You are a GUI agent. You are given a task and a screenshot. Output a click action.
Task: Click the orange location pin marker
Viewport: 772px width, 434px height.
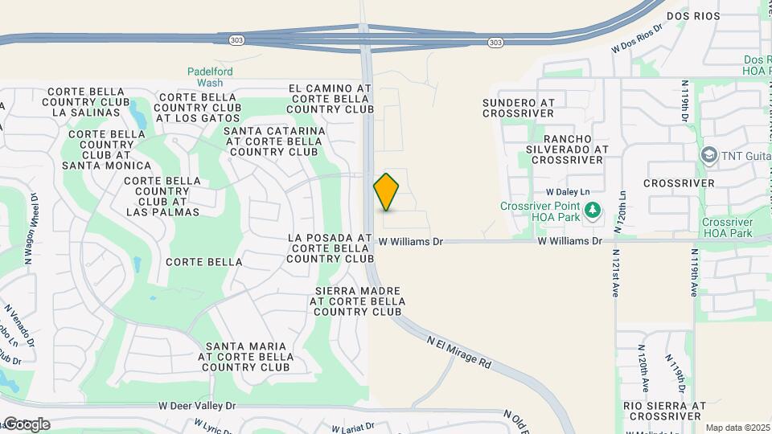point(386,192)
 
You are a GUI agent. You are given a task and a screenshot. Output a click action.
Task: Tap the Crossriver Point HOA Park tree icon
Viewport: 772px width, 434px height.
point(593,211)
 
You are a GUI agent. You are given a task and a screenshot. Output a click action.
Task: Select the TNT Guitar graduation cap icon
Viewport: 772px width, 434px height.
point(709,154)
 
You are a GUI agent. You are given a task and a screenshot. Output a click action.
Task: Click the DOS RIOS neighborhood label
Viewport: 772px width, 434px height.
point(692,15)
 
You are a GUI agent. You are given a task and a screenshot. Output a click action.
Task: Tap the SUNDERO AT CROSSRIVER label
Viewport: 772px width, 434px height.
point(519,108)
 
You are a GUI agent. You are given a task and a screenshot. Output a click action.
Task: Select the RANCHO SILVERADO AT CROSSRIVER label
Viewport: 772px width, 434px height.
point(566,149)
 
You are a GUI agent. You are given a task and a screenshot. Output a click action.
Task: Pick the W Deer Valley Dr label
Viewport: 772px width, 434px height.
point(197,407)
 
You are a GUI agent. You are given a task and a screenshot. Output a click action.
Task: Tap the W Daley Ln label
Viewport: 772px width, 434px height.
point(569,193)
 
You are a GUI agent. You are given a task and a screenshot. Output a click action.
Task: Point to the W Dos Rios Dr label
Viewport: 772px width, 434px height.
point(636,37)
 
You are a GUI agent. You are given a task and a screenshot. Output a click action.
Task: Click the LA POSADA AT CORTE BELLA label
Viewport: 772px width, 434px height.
point(330,248)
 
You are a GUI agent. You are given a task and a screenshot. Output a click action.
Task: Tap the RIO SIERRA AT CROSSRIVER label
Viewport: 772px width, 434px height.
point(664,411)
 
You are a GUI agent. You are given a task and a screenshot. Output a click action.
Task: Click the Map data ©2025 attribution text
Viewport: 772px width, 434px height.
point(737,428)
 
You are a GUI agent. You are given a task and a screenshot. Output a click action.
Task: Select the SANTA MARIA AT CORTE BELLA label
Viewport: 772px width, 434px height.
point(246,356)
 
